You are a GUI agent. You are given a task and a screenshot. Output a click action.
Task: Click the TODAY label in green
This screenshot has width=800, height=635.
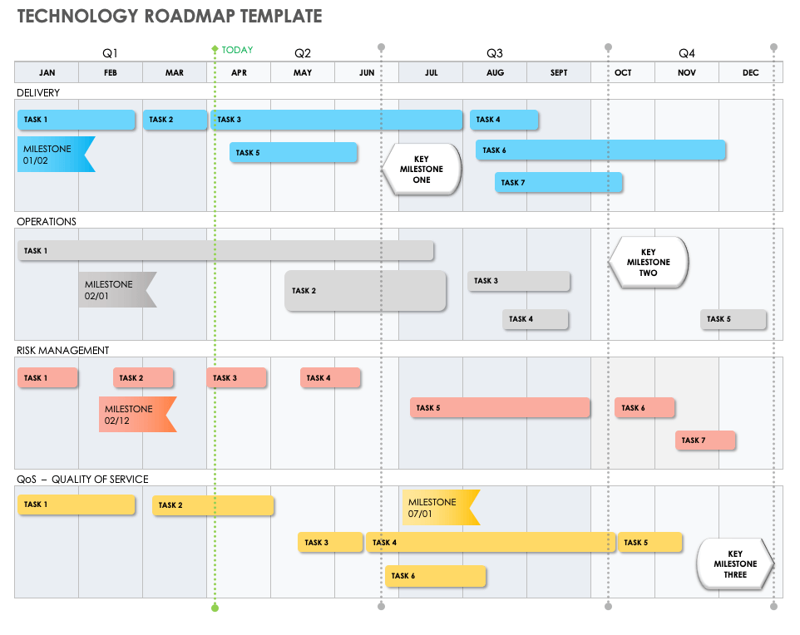click(x=237, y=50)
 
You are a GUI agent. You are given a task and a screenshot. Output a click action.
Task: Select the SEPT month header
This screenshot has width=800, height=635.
click(x=559, y=73)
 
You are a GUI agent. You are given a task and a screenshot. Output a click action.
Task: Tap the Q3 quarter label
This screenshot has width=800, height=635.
click(x=495, y=53)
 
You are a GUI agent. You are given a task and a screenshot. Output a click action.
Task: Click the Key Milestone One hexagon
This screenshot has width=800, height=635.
click(x=422, y=170)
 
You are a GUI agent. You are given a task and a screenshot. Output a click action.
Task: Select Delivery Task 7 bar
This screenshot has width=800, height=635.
click(x=559, y=183)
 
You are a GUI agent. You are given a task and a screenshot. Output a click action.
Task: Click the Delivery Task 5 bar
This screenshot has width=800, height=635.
click(x=294, y=153)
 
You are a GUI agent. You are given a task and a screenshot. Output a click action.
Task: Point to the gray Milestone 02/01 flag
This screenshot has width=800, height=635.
click(x=116, y=290)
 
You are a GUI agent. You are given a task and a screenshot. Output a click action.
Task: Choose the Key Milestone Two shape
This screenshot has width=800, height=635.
click(x=649, y=263)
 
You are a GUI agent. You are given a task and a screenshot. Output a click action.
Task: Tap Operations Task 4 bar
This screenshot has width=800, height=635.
click(x=536, y=319)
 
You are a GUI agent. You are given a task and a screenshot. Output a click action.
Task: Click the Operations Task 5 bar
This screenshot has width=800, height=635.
click(x=733, y=319)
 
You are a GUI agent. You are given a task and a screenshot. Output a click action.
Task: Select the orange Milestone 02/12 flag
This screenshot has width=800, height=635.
click(x=136, y=415)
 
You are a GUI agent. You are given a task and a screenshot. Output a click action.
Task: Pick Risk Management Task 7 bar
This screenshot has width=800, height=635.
click(x=705, y=441)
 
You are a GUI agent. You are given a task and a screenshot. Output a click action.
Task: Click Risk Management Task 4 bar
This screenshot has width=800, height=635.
click(x=330, y=378)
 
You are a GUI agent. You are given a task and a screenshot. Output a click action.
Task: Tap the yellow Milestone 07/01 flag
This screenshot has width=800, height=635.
click(x=438, y=508)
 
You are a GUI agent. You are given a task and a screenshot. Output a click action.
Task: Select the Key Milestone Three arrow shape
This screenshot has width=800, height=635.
click(x=734, y=564)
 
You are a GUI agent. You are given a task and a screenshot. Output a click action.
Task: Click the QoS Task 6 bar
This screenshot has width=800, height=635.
click(x=435, y=576)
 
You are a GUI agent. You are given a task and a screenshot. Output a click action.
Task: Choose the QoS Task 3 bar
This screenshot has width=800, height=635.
click(x=330, y=543)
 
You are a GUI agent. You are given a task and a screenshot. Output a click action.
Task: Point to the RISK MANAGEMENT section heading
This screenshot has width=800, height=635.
click(x=63, y=351)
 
